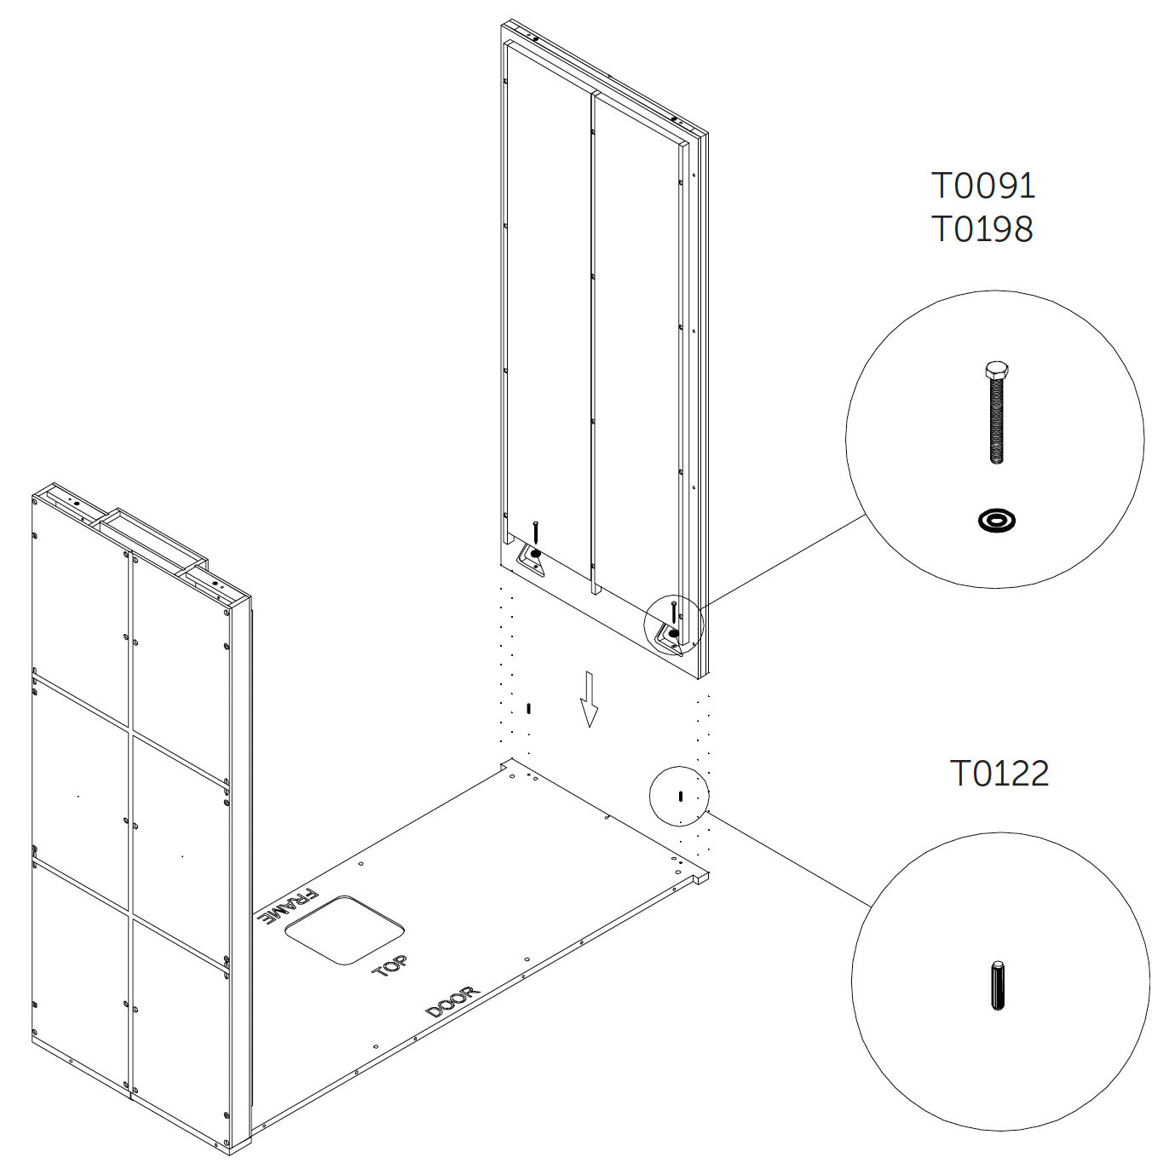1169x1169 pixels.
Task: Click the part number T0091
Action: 983,186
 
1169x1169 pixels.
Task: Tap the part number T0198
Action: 982,229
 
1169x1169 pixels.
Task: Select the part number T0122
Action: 999,774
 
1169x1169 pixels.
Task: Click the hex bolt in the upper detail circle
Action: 997,412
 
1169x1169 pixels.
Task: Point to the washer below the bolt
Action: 997,521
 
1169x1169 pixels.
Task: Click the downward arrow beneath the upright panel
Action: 589,699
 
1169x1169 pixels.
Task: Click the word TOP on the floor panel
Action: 389,965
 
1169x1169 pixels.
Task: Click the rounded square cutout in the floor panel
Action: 344,930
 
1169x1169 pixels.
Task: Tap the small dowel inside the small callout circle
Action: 681,796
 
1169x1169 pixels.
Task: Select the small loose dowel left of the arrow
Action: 528,708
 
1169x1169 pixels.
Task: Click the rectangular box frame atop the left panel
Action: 153,542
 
